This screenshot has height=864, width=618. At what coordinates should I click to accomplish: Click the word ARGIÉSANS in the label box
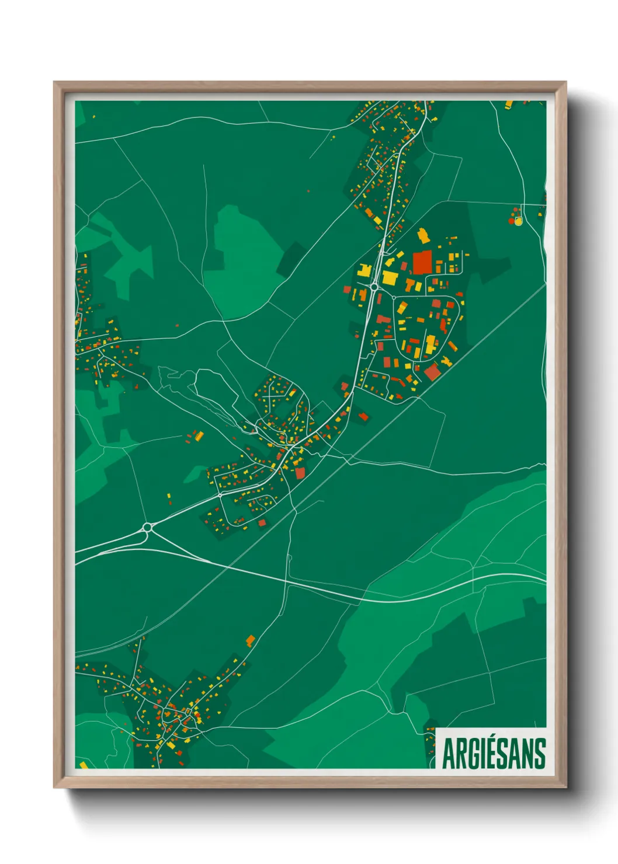pyautogui.click(x=494, y=753)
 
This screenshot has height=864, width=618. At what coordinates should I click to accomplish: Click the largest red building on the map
pyautogui.click(x=422, y=263)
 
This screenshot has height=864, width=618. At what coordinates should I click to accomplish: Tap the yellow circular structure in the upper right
pyautogui.click(x=518, y=221)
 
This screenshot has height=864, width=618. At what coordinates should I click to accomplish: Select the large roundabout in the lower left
pyautogui.click(x=147, y=528)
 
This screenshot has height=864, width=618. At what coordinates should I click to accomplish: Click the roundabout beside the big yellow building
pyautogui.click(x=374, y=287)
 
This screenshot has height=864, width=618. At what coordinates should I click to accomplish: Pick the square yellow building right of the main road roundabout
pyautogui.click(x=390, y=277)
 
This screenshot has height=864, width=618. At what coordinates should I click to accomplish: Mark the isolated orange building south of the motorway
pyautogui.click(x=251, y=640)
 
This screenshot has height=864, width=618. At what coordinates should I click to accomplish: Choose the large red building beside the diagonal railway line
pyautogui.click(x=432, y=372)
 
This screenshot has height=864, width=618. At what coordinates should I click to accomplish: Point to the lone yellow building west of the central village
pyautogui.click(x=199, y=436)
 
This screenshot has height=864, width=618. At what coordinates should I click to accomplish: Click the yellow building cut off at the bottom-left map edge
pyautogui.click(x=83, y=765)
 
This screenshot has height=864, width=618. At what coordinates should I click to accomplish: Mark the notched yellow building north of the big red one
pyautogui.click(x=423, y=236)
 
